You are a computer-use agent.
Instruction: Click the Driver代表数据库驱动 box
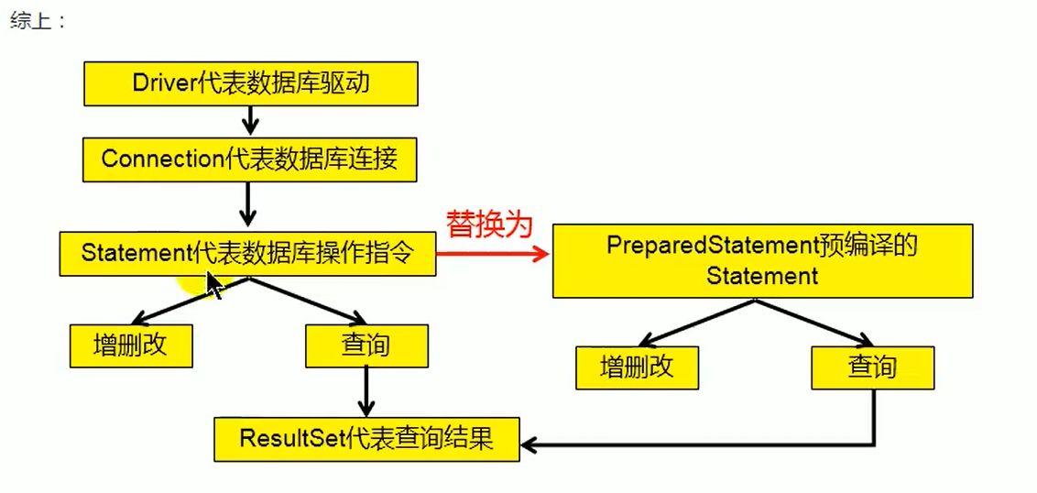point(251,83)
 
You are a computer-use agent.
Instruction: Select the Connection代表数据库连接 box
point(250,159)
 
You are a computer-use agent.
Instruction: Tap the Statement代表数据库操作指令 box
point(247,253)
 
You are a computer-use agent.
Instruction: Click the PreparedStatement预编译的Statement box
point(762,261)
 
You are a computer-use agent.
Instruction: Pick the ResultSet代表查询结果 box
point(366,439)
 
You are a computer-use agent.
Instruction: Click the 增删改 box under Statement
point(131,345)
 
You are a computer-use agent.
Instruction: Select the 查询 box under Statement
point(366,345)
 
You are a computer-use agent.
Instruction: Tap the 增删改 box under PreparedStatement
point(637,367)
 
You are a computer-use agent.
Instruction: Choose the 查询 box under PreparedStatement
point(872,367)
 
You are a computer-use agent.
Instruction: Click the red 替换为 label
point(488,225)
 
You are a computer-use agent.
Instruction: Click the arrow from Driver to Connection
point(249,120)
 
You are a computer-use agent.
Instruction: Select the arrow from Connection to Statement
point(247,203)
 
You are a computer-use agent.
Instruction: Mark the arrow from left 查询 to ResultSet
point(366,391)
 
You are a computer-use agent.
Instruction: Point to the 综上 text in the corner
point(38,21)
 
